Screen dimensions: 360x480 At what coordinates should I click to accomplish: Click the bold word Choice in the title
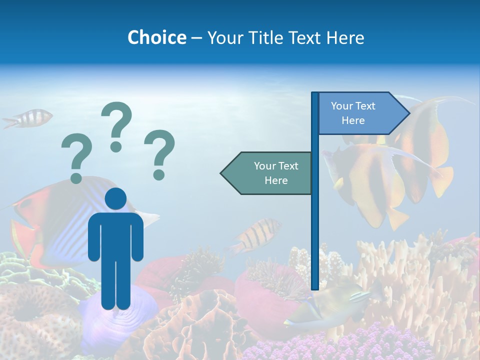pos(157,37)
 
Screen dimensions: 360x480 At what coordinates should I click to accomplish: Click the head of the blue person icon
pos(115,198)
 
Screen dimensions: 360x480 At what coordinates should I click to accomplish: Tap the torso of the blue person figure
pos(115,235)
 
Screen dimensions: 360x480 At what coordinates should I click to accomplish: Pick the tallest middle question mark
pos(116,125)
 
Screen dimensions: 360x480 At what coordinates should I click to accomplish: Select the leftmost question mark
pos(76,158)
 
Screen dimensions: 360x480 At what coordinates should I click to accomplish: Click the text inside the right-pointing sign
pos(353,113)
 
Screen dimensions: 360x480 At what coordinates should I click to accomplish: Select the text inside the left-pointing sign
pos(276,173)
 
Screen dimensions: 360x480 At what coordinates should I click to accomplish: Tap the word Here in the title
pos(345,37)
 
